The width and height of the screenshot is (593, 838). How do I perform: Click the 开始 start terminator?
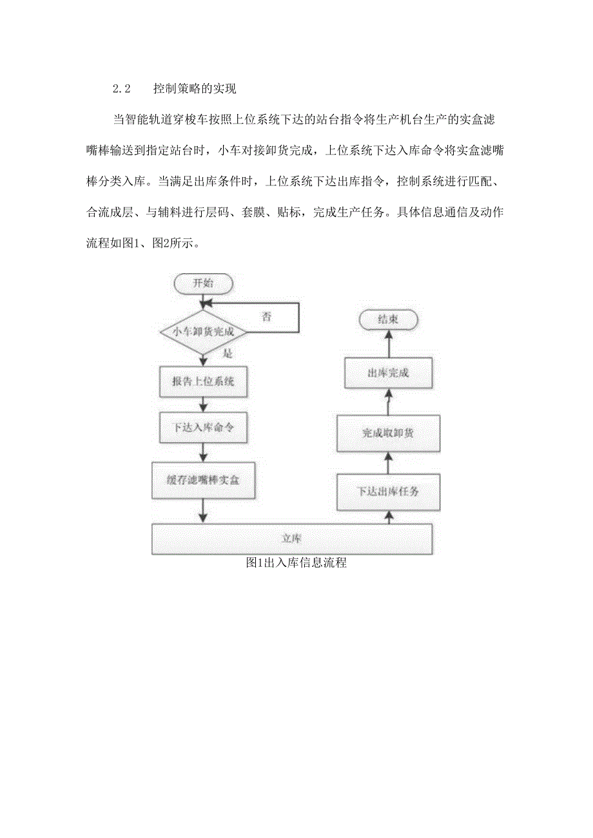[203, 283]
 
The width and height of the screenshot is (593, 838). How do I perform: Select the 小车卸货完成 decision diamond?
[204, 332]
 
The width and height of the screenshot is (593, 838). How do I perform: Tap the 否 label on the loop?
[267, 316]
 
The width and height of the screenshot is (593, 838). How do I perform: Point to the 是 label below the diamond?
[227, 354]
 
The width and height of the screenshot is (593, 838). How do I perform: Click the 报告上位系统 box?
[203, 381]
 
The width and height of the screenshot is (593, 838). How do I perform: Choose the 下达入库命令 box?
[203, 428]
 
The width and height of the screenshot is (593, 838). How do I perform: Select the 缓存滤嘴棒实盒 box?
[203, 480]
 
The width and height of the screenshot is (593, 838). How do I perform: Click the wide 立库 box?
[291, 538]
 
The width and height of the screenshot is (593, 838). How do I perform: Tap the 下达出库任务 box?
[388, 491]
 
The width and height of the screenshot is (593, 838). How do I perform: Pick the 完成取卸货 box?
[388, 433]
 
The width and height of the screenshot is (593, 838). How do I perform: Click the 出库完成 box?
[388, 374]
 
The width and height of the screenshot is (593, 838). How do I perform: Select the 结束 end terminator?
[389, 319]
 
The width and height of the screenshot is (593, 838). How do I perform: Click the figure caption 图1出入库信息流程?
[296, 563]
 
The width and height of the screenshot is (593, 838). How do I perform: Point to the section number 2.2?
[122, 89]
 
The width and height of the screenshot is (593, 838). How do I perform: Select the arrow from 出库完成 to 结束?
[389, 344]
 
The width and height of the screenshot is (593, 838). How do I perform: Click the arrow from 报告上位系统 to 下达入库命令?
[203, 405]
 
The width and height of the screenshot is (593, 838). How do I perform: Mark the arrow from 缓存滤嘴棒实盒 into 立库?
[203, 511]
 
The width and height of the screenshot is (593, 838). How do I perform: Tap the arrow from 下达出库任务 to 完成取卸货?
[389, 462]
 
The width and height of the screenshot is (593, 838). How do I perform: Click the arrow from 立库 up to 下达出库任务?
[389, 517]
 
